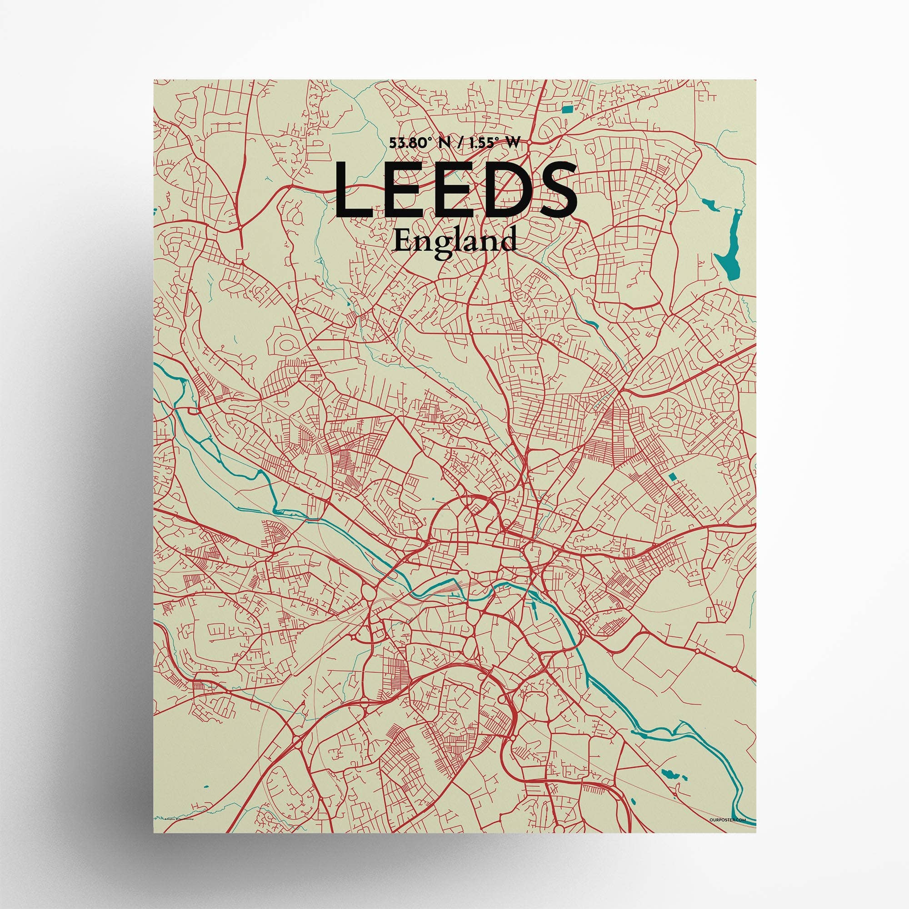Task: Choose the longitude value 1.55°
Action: [486, 144]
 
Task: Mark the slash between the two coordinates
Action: [457, 144]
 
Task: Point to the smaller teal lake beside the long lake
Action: [706, 203]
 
